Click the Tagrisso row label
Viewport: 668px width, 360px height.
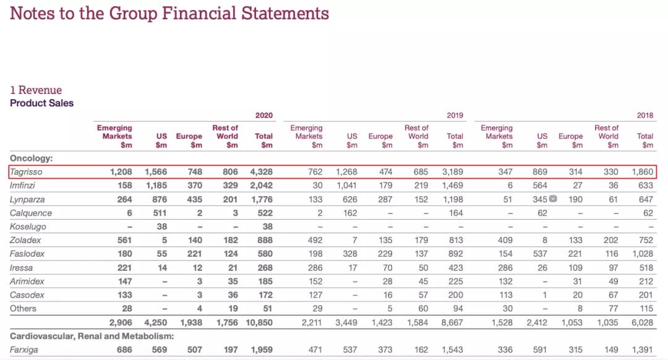(27, 172)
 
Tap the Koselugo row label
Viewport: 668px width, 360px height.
(28, 226)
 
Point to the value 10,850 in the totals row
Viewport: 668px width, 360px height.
(259, 322)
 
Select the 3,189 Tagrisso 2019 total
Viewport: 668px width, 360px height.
(452, 172)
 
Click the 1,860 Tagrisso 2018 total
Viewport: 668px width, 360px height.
(643, 172)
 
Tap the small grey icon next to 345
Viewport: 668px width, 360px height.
(554, 199)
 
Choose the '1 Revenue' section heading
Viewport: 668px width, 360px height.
(36, 90)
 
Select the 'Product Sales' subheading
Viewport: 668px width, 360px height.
(41, 103)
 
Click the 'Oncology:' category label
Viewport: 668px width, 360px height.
(31, 158)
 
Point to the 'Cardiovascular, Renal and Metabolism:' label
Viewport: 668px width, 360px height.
(92, 336)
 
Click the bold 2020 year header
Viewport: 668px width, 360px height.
(264, 116)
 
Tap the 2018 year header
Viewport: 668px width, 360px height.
(645, 116)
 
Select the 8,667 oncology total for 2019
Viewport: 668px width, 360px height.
(452, 322)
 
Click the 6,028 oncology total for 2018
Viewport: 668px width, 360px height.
(643, 322)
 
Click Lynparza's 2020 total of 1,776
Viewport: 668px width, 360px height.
(262, 199)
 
